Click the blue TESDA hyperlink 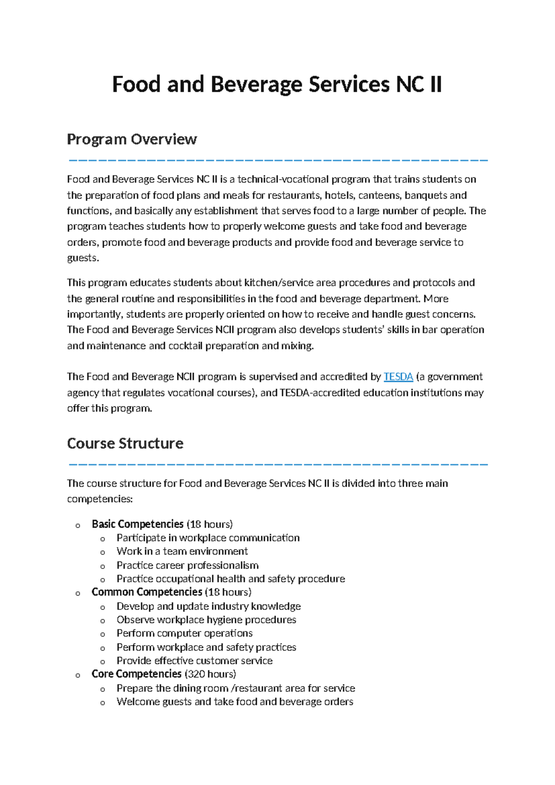point(398,377)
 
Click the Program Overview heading point(132,139)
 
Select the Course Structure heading point(125,443)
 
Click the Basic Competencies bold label point(137,524)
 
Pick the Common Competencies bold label point(147,592)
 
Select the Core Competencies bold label point(136,674)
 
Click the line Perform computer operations point(184,633)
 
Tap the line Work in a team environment point(182,551)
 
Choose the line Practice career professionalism point(187,565)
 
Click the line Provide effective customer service point(194,660)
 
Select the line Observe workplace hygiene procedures point(206,620)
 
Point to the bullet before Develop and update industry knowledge point(103,607)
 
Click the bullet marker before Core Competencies point(78,675)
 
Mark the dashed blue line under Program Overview point(277,160)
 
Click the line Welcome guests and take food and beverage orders point(234,702)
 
